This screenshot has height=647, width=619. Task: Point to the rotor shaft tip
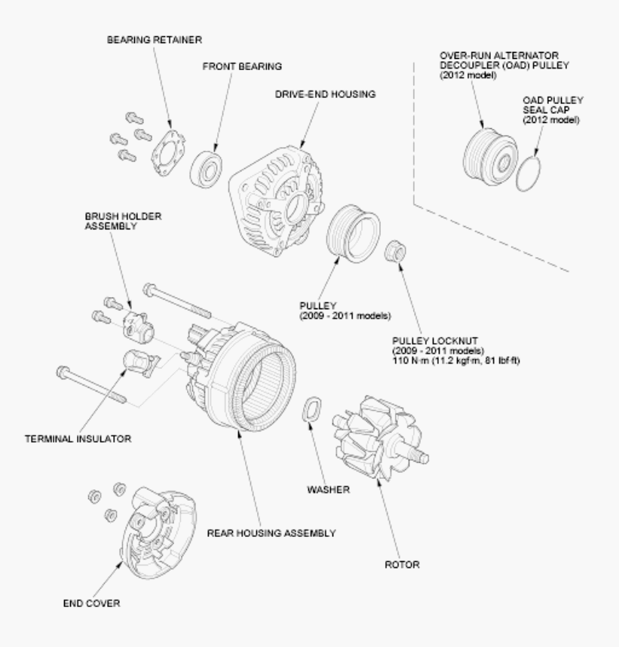pyautogui.click(x=427, y=455)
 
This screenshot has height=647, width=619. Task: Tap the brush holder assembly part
pyautogui.click(x=136, y=325)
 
